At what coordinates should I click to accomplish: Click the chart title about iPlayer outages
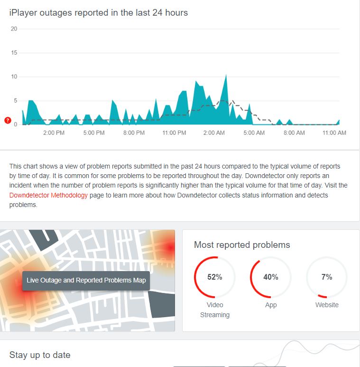click(x=99, y=13)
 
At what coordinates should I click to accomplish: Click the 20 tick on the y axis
click(x=14, y=29)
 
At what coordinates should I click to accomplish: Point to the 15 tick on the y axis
click(x=14, y=53)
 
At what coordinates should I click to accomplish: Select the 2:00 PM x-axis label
click(x=54, y=133)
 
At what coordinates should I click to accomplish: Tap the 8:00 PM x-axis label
click(x=134, y=133)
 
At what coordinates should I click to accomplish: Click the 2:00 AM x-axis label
click(x=214, y=133)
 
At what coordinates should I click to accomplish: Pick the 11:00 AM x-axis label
click(x=334, y=133)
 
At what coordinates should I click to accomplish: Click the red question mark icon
click(x=8, y=121)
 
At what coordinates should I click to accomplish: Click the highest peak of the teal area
click(x=226, y=75)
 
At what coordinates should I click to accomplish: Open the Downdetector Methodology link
click(x=48, y=195)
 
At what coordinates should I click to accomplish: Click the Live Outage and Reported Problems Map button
click(x=86, y=280)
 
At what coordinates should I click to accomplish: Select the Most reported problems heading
click(x=242, y=245)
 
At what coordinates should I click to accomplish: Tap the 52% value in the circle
click(x=215, y=277)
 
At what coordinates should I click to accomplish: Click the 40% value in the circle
click(x=271, y=277)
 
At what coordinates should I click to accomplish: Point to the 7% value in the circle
click(x=327, y=277)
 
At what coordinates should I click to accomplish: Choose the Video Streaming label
click(x=215, y=310)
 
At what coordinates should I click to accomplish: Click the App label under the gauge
click(x=271, y=305)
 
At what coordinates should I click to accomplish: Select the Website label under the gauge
click(x=327, y=305)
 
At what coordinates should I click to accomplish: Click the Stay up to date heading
click(x=40, y=355)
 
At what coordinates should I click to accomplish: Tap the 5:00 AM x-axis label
click(x=254, y=133)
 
